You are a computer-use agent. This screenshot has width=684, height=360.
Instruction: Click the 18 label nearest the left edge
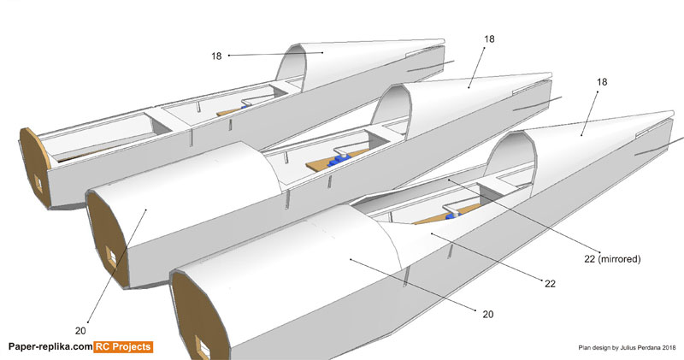click(x=217, y=56)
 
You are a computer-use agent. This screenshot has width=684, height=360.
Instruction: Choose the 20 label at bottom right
click(x=487, y=315)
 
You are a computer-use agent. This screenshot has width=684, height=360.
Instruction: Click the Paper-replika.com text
click(x=50, y=346)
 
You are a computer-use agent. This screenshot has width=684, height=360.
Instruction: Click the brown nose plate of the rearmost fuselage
click(x=34, y=168)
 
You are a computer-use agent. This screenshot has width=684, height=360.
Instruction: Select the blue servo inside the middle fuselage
click(x=343, y=157)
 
